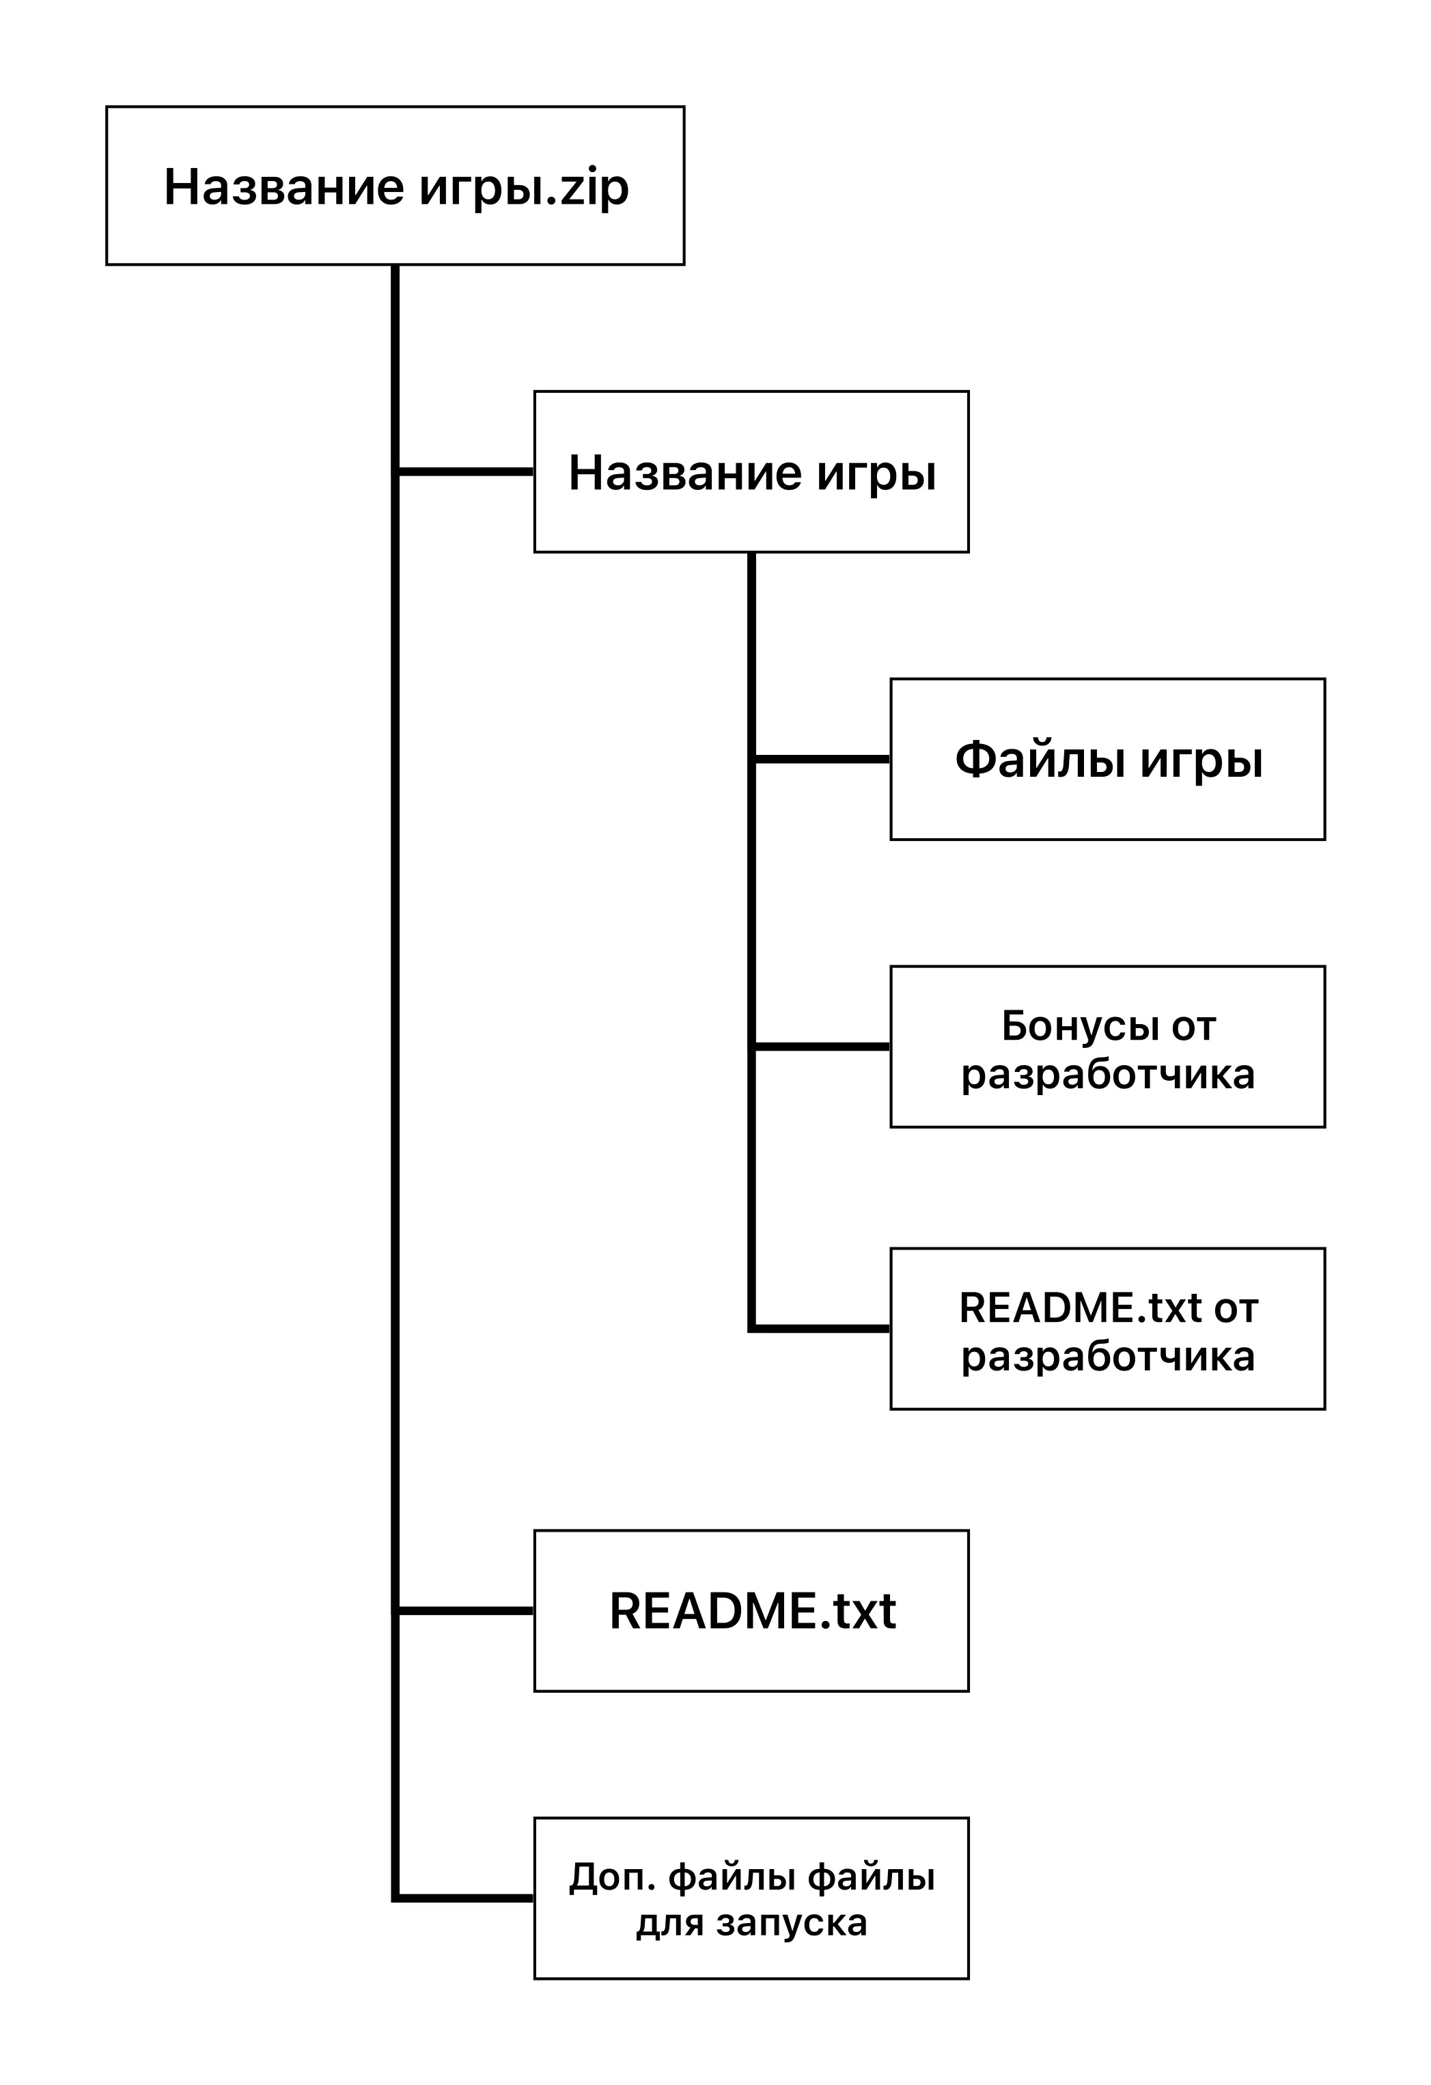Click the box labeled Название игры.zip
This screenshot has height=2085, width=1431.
pyautogui.click(x=395, y=186)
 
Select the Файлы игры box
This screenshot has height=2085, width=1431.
pyautogui.click(x=1107, y=759)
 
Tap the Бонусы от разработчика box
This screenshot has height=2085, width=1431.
pyautogui.click(x=1107, y=1047)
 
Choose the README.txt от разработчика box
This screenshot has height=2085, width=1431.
pyautogui.click(x=1107, y=1329)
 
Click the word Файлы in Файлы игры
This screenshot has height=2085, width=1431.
pyautogui.click(x=1039, y=760)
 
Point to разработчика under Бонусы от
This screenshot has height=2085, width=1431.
pyautogui.click(x=1107, y=1073)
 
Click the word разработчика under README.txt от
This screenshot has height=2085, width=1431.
pyautogui.click(x=1107, y=1355)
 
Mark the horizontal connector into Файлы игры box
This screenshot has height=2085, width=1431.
pyautogui.click(x=821, y=759)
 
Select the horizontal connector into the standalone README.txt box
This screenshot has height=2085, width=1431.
pyautogui.click(x=464, y=1610)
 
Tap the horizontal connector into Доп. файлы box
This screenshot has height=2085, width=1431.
pyautogui.click(x=464, y=1898)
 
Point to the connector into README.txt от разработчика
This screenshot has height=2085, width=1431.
pyautogui.click(x=821, y=1328)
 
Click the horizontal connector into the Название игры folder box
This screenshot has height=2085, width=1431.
pyautogui.click(x=464, y=471)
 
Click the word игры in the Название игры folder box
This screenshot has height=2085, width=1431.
pyautogui.click(x=876, y=473)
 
